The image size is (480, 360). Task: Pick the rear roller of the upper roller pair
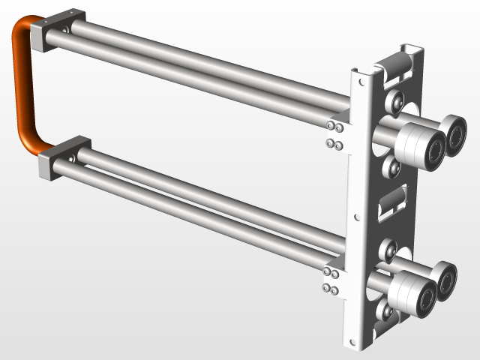(454, 133)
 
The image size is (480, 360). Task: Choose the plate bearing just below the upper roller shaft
(391, 168)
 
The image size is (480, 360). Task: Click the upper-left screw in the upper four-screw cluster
(330, 124)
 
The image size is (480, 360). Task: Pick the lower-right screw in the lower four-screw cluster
(337, 289)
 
